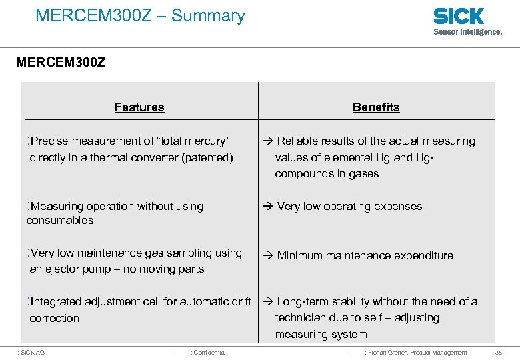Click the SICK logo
click(x=459, y=16)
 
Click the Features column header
click(x=139, y=107)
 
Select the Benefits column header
click(x=376, y=107)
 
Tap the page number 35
click(x=499, y=352)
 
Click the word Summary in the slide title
click(x=208, y=15)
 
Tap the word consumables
click(x=60, y=221)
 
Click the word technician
click(x=302, y=318)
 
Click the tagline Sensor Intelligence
click(x=468, y=31)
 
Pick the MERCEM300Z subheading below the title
click(x=61, y=64)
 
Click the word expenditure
click(x=423, y=255)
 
